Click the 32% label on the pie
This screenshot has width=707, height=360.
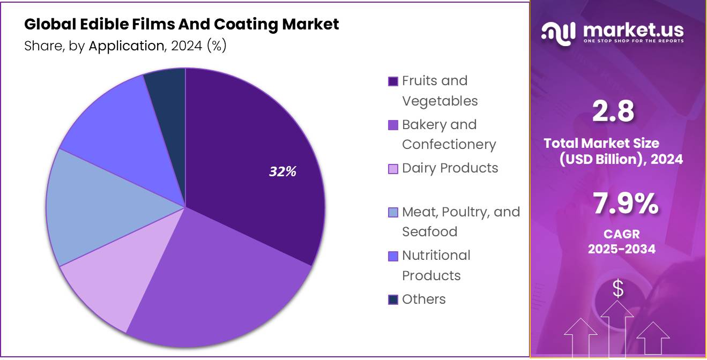(x=282, y=171)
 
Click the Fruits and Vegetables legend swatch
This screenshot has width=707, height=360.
(x=393, y=81)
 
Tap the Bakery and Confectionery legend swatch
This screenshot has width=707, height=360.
(x=393, y=125)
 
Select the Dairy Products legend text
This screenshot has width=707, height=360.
(x=450, y=168)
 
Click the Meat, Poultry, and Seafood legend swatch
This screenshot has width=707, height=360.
(x=393, y=213)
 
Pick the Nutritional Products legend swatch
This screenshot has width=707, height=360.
(x=393, y=257)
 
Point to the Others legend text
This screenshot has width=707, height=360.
(x=423, y=299)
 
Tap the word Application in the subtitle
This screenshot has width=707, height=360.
(x=126, y=46)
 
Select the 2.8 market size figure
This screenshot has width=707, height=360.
(x=613, y=112)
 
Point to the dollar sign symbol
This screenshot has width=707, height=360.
(x=618, y=289)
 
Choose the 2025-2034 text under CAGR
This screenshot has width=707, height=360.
(x=622, y=249)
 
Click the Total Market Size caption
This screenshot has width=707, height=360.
(x=601, y=143)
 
